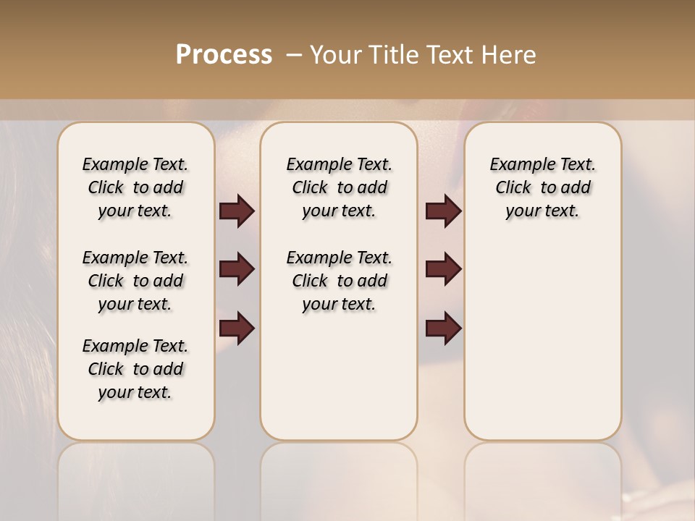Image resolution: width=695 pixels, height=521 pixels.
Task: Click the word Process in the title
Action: coord(224,55)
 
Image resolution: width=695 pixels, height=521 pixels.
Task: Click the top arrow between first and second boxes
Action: coord(237,211)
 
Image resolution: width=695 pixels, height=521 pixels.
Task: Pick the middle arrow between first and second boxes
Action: coord(237,269)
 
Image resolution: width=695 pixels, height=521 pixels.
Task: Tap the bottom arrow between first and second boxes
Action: coord(237,328)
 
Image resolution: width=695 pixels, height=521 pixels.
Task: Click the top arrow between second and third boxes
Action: coord(443,211)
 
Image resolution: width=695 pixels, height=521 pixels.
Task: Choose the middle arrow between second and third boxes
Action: coord(443,269)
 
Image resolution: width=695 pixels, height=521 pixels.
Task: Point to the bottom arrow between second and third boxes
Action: coord(443,328)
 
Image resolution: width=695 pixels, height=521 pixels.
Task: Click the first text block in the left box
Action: coord(135,187)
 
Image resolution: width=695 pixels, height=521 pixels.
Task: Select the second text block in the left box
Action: coord(135,281)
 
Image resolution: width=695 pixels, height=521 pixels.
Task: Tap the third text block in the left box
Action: coord(135,369)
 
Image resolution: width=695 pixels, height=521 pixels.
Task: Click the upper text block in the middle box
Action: coord(339,187)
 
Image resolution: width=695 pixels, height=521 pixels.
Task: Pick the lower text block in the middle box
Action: coord(339,281)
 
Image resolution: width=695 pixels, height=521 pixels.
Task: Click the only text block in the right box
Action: coord(542,187)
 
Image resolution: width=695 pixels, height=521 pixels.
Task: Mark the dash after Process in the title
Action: coord(294,55)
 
